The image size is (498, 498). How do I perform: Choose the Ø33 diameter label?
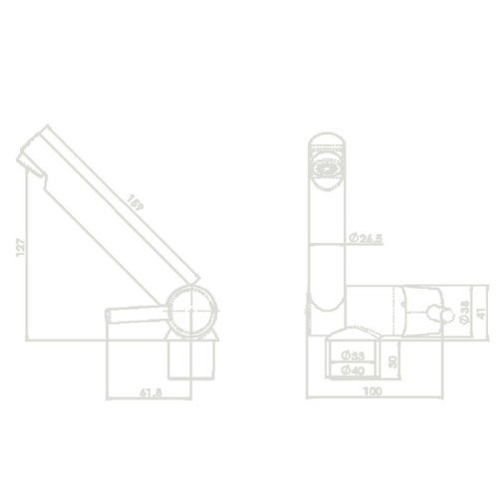pyautogui.click(x=351, y=355)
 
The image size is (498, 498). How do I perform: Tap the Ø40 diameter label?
pyautogui.click(x=351, y=372)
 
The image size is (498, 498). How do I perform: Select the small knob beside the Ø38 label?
pyautogui.click(x=434, y=313)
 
